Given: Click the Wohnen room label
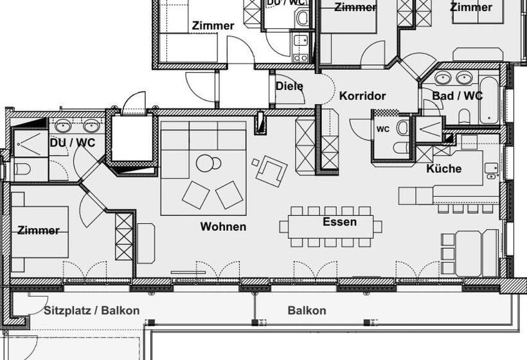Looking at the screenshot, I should point(223,226).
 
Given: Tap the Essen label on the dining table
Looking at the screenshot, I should point(339,222).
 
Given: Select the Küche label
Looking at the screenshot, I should point(443,168).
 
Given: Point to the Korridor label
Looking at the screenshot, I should point(362,96).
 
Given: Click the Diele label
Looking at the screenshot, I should point(289,85).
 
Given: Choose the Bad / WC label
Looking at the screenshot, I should point(457,96).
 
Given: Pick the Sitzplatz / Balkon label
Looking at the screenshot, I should point(92,310).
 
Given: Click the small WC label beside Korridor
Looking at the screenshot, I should point(383,129).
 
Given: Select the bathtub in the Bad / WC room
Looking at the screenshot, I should point(488,100).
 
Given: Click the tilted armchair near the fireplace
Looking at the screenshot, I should point(269,170).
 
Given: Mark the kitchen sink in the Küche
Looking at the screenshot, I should point(492,169).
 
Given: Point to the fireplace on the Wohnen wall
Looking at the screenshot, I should point(260,123).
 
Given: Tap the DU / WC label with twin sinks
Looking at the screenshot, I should point(72,142).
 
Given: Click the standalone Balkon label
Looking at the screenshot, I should point(307,310).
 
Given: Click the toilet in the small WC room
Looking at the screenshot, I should point(402,128).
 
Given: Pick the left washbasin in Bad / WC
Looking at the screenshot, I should point(443,78).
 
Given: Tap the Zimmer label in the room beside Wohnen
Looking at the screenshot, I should point(39,230).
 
